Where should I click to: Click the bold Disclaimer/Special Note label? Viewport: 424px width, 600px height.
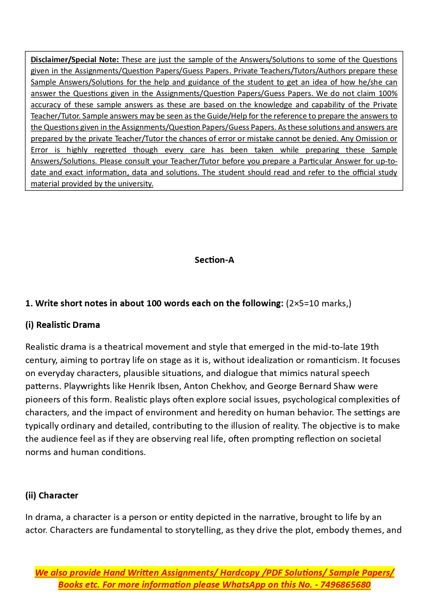74,60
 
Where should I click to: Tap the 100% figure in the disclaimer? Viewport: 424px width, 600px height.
388,94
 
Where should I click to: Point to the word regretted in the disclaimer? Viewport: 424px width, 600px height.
110,150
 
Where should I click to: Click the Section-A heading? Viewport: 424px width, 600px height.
214,260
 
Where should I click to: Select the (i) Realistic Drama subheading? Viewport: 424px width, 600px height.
63,325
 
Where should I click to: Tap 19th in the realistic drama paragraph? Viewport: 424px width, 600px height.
369,347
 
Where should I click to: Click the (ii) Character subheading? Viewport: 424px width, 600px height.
52,496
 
